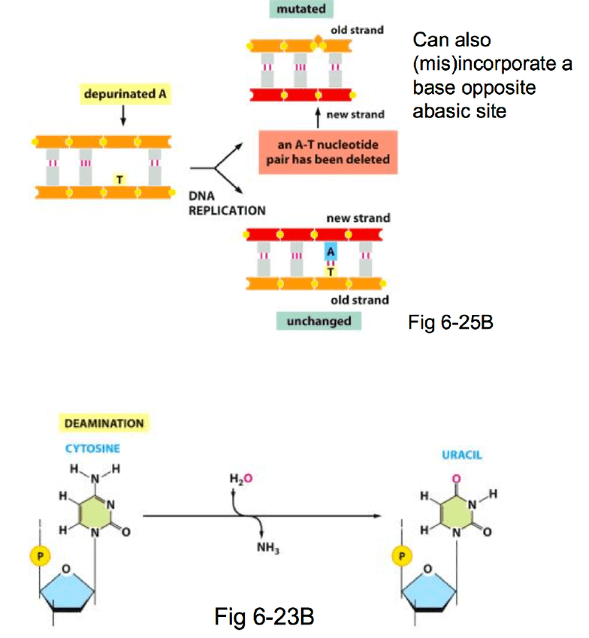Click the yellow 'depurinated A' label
point(124,95)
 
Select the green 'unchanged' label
point(319,321)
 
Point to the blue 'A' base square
point(330,252)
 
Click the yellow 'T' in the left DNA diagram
point(119,178)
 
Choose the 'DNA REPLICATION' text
point(226,204)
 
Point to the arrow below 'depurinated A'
point(124,116)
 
